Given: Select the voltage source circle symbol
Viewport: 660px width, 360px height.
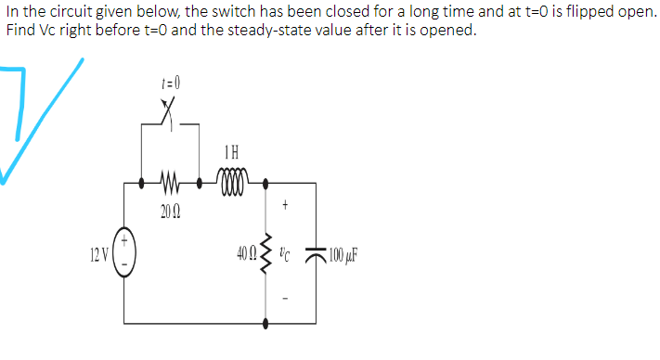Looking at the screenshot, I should (125, 252).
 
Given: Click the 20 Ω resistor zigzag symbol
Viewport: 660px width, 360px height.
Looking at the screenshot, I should (170, 183).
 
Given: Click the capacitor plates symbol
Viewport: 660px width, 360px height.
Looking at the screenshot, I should (318, 252).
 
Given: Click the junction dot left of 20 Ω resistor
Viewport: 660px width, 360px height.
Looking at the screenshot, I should (141, 183).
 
